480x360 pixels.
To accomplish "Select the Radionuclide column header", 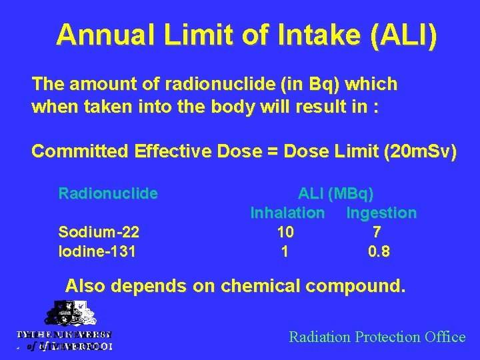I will (108, 194).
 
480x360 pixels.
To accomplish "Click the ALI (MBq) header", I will (335, 194).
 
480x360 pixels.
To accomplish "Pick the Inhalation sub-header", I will (287, 213).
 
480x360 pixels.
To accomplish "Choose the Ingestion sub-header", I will (381, 213).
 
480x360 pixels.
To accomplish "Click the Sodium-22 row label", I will (99, 233).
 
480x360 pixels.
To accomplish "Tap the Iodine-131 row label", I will (97, 252).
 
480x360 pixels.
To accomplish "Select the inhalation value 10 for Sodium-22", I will (285, 233).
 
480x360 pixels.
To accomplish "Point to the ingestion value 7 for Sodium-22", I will (377, 233).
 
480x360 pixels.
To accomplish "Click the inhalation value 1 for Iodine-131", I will (285, 252).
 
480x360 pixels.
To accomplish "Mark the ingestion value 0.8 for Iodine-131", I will (379, 252).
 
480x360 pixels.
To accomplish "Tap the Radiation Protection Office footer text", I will (377, 337).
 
